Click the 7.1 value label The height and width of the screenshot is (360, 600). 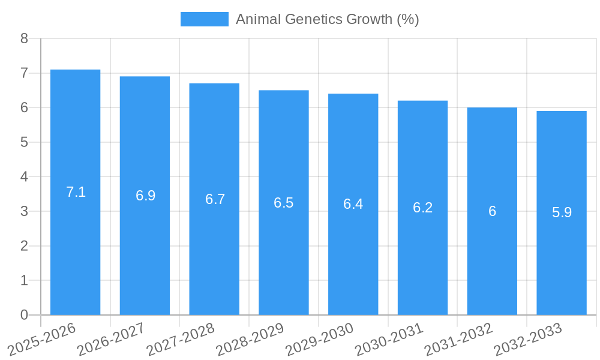click(x=76, y=192)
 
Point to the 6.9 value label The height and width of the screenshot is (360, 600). click(x=145, y=196)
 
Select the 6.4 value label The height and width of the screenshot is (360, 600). click(x=353, y=204)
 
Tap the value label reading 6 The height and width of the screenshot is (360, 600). click(x=492, y=211)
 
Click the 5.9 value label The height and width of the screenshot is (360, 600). click(x=562, y=212)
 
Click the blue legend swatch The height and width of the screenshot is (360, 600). click(x=205, y=19)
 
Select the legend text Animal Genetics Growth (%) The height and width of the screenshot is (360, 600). click(x=327, y=19)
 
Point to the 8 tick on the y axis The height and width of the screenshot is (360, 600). click(x=24, y=38)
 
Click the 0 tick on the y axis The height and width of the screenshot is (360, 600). click(x=24, y=315)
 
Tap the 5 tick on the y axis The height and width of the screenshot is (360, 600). click(x=24, y=142)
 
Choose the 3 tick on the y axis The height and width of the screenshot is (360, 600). click(x=24, y=211)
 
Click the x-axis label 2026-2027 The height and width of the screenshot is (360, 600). click(x=112, y=340)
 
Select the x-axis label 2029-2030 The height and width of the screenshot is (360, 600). click(x=320, y=340)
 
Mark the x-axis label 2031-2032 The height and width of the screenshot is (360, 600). click(x=459, y=340)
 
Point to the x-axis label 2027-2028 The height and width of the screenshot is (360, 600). click(x=181, y=340)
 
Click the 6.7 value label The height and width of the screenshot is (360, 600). click(x=215, y=199)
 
